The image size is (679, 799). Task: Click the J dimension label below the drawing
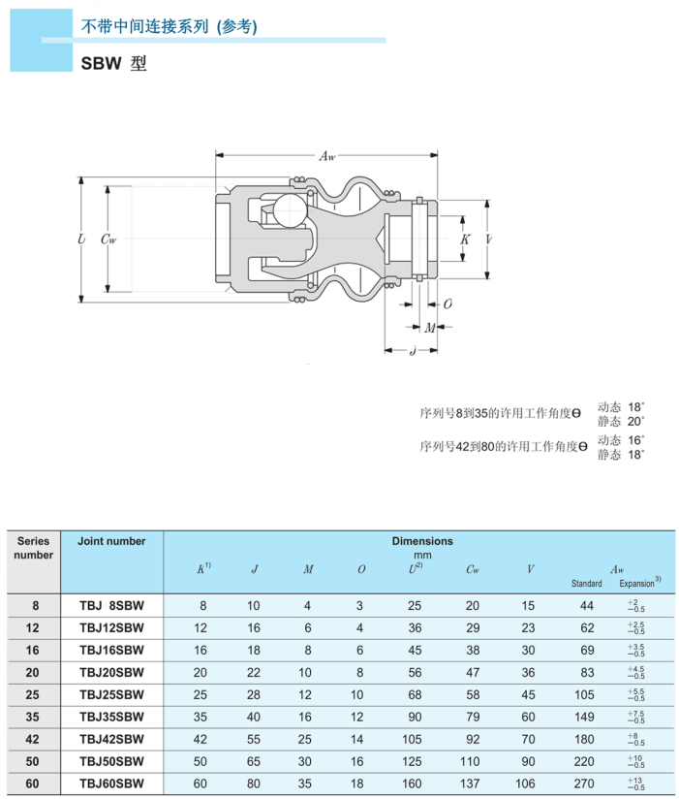[x=413, y=350]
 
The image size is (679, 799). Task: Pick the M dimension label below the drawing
[x=429, y=328]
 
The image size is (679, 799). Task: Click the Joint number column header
[x=111, y=542]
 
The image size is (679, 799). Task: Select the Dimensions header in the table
[x=421, y=541]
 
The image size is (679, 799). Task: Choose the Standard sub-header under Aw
[x=586, y=584]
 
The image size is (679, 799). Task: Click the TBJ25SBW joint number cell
[x=111, y=695]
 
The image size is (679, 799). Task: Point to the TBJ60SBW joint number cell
[x=111, y=784]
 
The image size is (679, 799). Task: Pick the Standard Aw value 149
[x=586, y=718]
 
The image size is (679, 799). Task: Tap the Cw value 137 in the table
[x=472, y=784]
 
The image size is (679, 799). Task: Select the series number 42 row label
[x=34, y=740]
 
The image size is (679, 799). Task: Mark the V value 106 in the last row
[x=529, y=784]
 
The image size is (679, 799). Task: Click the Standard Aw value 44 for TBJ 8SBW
[x=586, y=606]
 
